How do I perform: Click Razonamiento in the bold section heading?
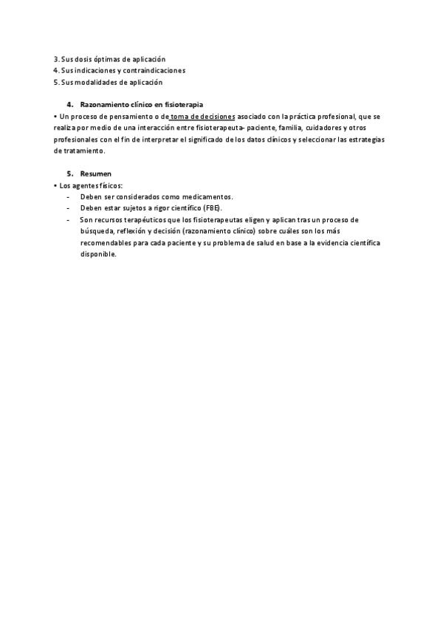[x=106, y=105]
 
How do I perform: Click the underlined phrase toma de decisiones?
[x=202, y=117]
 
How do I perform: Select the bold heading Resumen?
[x=96, y=173]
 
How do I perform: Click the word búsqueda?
[x=96, y=231]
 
